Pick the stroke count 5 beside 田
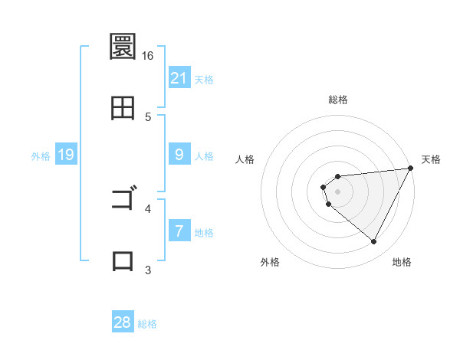(148, 116)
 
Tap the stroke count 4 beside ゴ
(148, 208)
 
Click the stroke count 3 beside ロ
(148, 269)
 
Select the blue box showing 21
(179, 78)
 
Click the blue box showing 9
(179, 155)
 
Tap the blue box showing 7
(179, 231)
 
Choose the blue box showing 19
(66, 155)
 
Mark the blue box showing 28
(123, 322)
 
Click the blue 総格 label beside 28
(147, 324)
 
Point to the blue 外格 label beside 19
(41, 156)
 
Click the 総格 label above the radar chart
(337, 100)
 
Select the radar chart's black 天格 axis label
(431, 159)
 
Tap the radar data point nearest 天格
(411, 169)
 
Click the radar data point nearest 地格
(373, 242)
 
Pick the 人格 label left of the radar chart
(245, 159)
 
